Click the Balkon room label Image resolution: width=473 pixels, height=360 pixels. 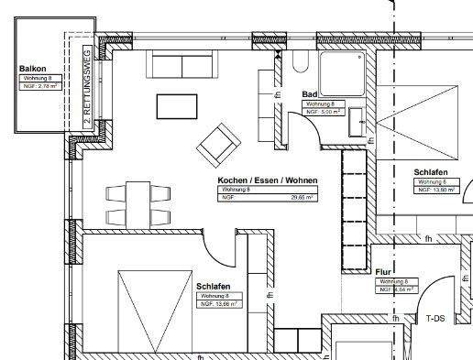(x=33, y=69)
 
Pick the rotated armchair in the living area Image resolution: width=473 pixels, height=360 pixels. (x=217, y=142)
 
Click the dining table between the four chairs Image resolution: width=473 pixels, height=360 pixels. (x=138, y=203)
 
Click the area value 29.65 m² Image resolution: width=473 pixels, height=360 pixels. (x=302, y=197)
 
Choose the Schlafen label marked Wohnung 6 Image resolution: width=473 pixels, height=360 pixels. (x=430, y=172)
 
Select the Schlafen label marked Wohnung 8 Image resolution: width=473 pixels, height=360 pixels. (x=213, y=287)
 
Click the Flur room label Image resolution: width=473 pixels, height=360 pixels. (x=384, y=273)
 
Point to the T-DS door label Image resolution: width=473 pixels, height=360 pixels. (x=435, y=319)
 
